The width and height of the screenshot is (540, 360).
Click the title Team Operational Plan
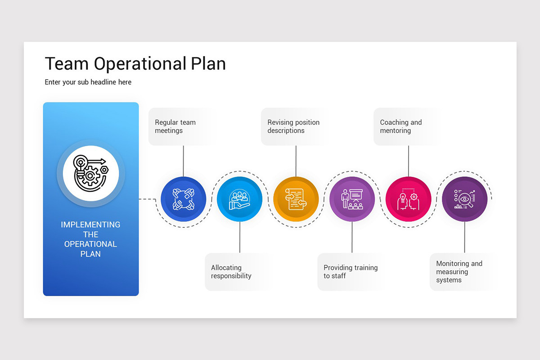tap(135, 64)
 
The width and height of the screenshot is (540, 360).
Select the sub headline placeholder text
tap(88, 82)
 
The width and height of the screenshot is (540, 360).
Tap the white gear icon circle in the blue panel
tap(91, 173)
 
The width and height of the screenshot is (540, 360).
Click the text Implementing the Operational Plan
tap(90, 239)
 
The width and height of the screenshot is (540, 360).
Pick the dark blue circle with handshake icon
tap(183, 199)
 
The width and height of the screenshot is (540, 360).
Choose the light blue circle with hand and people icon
tap(239, 199)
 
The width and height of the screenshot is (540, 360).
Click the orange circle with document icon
tap(296, 199)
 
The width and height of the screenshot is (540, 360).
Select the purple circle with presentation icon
tap(352, 199)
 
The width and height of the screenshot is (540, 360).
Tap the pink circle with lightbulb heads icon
tap(408, 199)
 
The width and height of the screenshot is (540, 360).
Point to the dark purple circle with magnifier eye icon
tap(464, 199)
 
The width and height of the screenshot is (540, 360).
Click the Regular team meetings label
tap(175, 126)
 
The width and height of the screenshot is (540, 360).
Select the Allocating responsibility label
tap(231, 272)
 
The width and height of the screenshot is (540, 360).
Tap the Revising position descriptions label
tap(293, 126)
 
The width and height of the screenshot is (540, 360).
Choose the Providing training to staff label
tap(350, 272)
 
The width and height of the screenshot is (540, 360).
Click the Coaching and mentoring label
tap(400, 126)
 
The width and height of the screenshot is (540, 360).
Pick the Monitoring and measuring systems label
tap(459, 272)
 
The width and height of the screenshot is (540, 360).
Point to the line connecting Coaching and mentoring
tap(408, 161)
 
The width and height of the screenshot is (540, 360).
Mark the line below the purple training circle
tap(352, 237)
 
